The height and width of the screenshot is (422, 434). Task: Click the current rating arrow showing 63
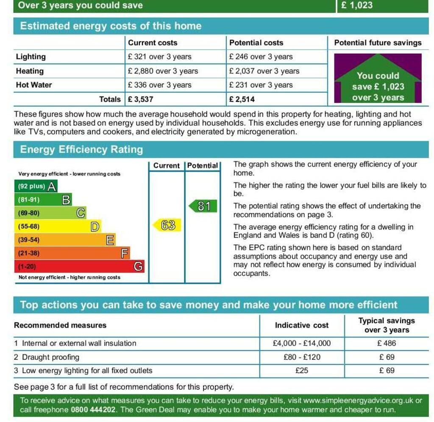[x=167, y=225]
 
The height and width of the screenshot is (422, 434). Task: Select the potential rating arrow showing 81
[x=203, y=207]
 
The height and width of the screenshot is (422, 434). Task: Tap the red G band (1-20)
[x=79, y=267]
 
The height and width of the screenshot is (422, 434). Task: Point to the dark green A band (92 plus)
[x=36, y=186]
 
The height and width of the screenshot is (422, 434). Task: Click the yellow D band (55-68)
[x=58, y=226]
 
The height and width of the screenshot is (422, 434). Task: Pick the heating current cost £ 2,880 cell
[x=163, y=71]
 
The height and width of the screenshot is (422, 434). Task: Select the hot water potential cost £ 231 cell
[x=261, y=85]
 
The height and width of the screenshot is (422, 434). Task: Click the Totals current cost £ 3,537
[x=140, y=99]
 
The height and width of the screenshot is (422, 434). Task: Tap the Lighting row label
[x=31, y=57]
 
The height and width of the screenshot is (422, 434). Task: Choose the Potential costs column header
[x=256, y=43]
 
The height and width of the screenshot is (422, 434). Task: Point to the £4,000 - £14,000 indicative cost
[x=302, y=344]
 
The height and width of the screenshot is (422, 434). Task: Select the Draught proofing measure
[x=50, y=357]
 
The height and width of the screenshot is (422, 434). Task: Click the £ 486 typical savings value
[x=387, y=344]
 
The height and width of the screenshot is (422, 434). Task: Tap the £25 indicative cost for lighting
[x=302, y=370]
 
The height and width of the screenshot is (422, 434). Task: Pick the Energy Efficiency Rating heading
[x=81, y=149]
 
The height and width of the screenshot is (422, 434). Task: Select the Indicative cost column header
[x=302, y=325]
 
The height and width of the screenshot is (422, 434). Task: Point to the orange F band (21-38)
[x=72, y=254]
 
